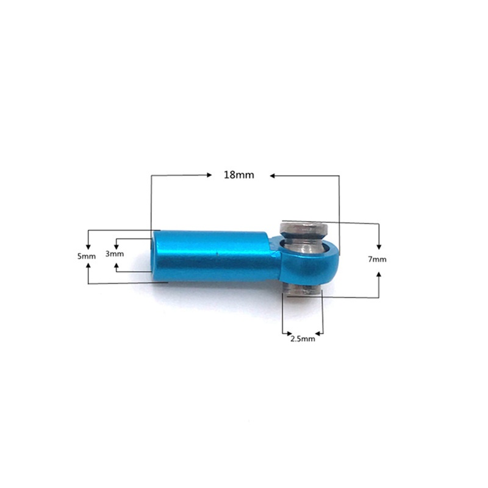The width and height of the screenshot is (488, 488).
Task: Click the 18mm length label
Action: (x=239, y=174)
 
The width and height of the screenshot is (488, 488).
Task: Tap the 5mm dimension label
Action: (x=87, y=257)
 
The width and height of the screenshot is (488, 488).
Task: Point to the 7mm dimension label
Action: (x=378, y=259)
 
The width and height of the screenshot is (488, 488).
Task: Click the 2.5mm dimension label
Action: (x=303, y=339)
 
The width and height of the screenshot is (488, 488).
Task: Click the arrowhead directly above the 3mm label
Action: (x=117, y=243)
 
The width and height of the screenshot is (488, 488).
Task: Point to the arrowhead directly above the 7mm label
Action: (x=379, y=245)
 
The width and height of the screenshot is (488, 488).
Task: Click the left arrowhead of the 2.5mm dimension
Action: (x=286, y=332)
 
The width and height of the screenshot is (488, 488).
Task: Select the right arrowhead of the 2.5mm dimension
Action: (x=319, y=332)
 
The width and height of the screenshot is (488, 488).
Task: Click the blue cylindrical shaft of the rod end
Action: (x=213, y=255)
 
